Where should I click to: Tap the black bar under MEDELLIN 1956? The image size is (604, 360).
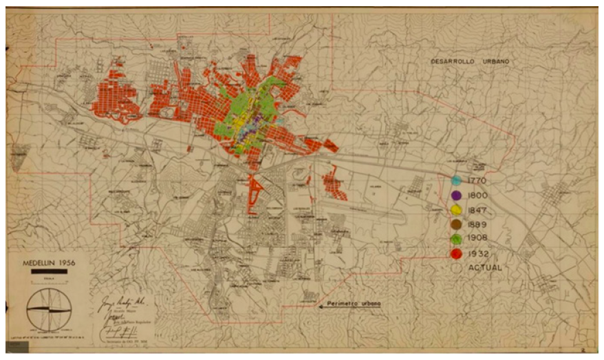click(50, 272)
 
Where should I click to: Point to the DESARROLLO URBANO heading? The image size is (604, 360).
click(470, 61)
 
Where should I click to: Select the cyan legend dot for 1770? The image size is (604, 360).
click(456, 180)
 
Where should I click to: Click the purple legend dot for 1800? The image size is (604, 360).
click(456, 195)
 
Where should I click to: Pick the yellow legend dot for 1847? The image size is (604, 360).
click(456, 209)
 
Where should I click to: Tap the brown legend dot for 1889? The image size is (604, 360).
click(456, 224)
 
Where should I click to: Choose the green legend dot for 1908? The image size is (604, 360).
click(456, 239)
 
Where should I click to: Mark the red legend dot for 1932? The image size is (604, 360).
click(456, 254)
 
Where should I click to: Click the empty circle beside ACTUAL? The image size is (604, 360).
click(456, 268)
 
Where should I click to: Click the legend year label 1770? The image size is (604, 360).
click(477, 180)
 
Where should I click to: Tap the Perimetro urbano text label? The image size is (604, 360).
click(354, 304)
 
